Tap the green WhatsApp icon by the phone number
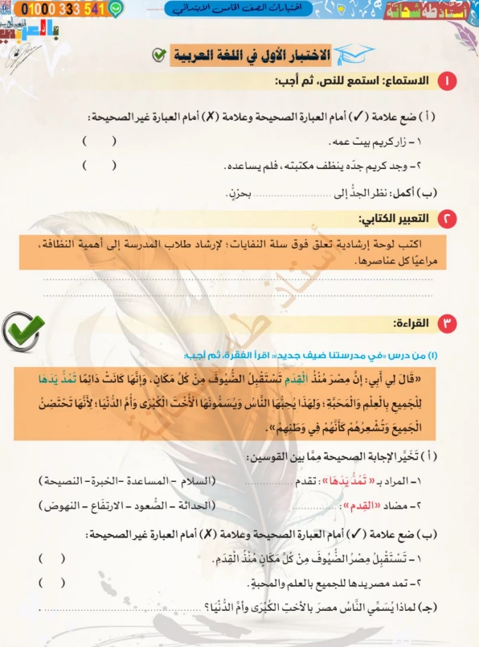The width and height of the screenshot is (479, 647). point(117,10)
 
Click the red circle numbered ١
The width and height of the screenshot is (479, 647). point(445,80)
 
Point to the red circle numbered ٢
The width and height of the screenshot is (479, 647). point(445,219)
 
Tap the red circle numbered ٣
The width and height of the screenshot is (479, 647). point(445,323)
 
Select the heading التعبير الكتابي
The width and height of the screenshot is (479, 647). point(396,219)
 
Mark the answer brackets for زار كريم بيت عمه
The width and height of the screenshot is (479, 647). point(100,142)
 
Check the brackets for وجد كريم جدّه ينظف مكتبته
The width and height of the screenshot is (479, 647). point(100,166)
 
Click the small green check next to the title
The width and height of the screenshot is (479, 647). point(159,55)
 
